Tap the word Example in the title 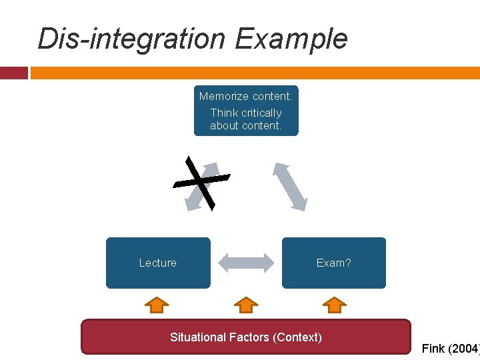(x=291, y=39)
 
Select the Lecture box (x=158, y=263)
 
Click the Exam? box (x=333, y=263)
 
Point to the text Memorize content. (x=246, y=96)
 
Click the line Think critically (x=246, y=113)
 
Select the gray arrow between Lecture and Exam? (x=246, y=263)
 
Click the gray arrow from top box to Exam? (x=290, y=186)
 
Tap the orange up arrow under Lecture (x=157, y=305)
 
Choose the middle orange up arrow (x=246, y=305)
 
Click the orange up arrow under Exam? (x=334, y=305)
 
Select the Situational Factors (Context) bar (x=246, y=337)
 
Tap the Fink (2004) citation (x=450, y=349)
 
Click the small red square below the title (x=13, y=73)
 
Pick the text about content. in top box (x=246, y=125)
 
